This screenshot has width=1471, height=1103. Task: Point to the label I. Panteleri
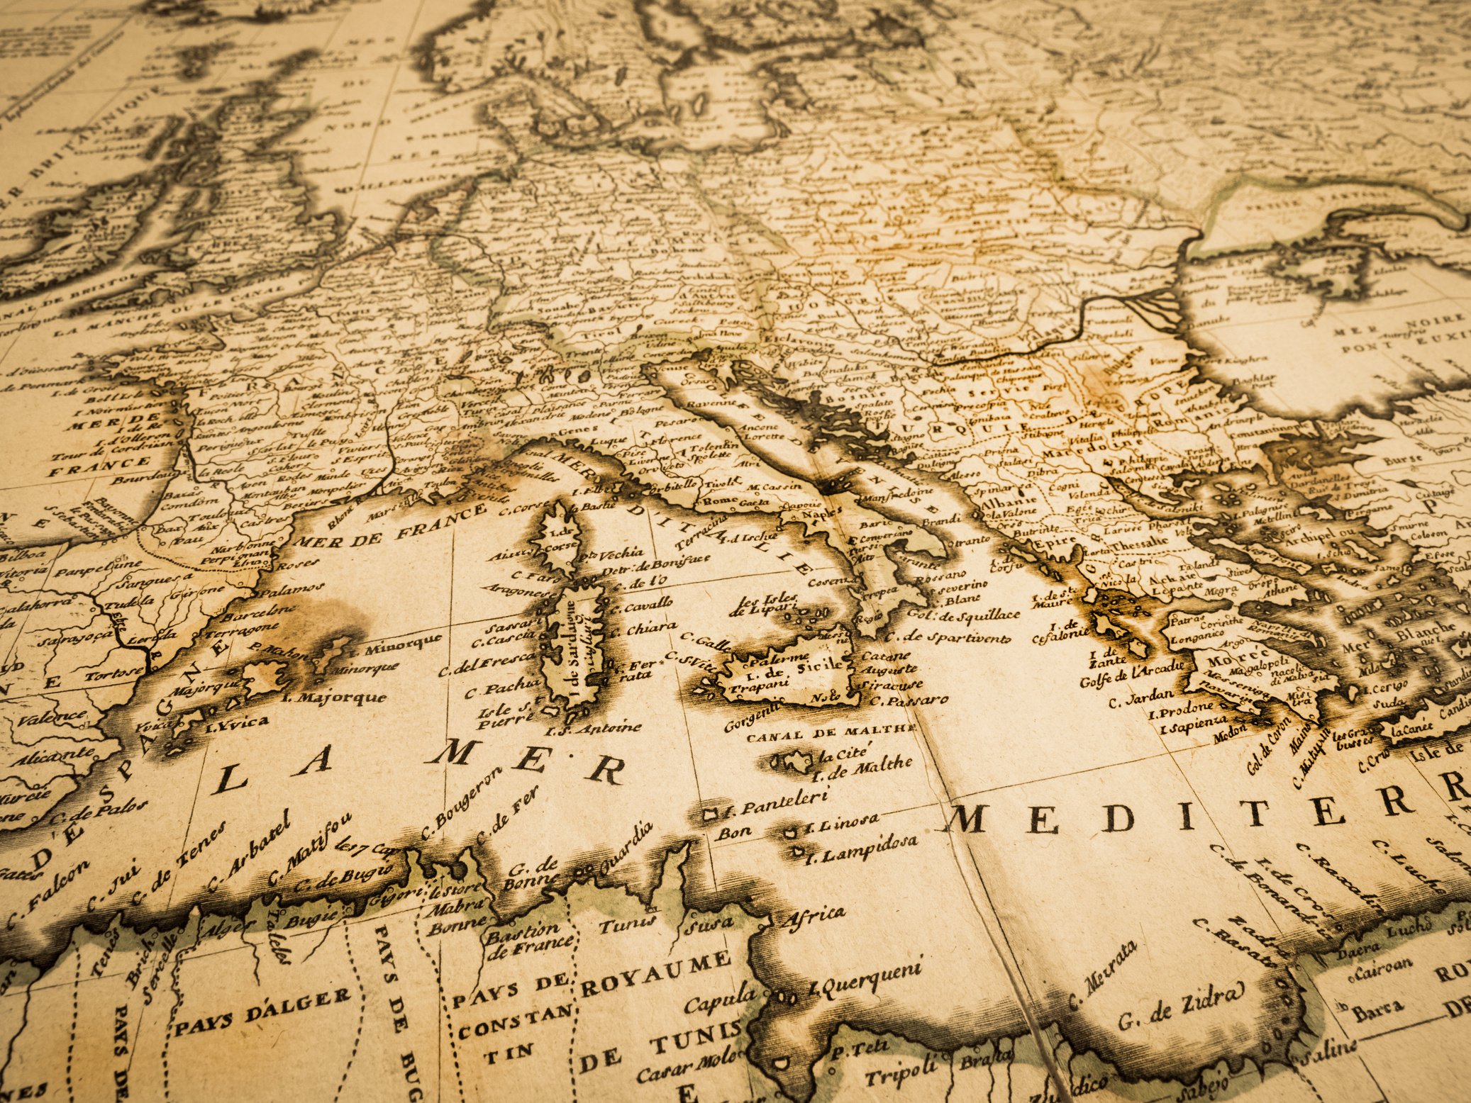(776, 802)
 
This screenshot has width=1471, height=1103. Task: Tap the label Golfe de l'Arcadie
(1132, 674)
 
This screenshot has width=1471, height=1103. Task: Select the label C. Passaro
(909, 701)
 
